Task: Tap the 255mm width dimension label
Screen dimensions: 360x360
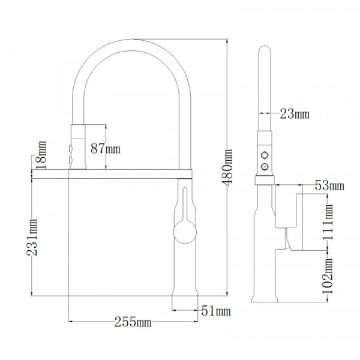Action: pyautogui.click(x=133, y=322)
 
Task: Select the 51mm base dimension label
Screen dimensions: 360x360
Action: pyautogui.click(x=215, y=310)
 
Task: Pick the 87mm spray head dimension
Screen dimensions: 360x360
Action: pyautogui.click(x=104, y=148)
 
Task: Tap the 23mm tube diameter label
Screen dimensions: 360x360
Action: pyautogui.click(x=294, y=113)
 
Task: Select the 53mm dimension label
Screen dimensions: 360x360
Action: pyautogui.click(x=329, y=185)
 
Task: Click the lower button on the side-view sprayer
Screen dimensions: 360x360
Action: pyautogui.click(x=264, y=164)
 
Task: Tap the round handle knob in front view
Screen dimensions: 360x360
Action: pyautogui.click(x=184, y=230)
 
